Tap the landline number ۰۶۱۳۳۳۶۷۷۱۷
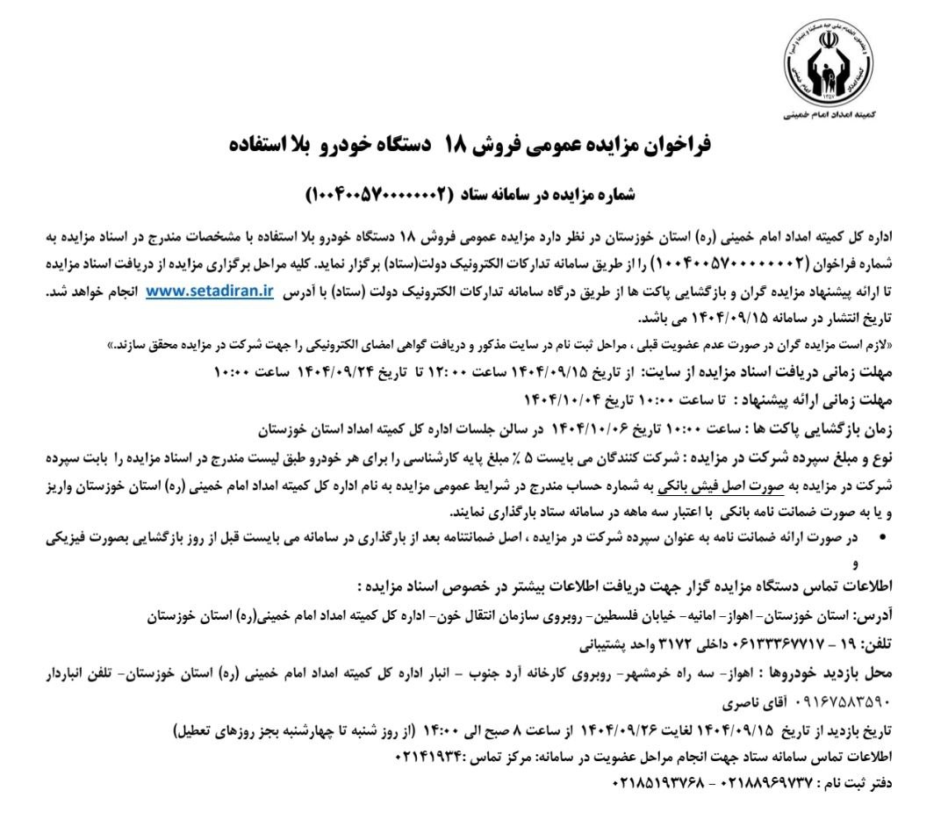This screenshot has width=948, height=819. coord(770,643)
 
